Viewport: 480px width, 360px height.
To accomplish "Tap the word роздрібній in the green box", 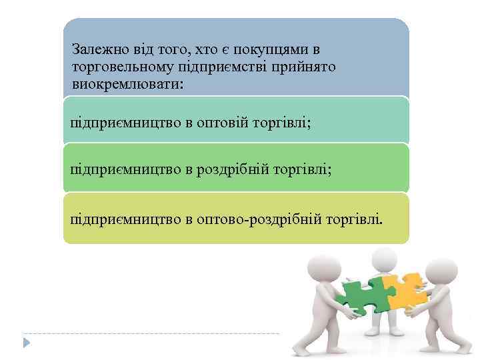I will [239, 170].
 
